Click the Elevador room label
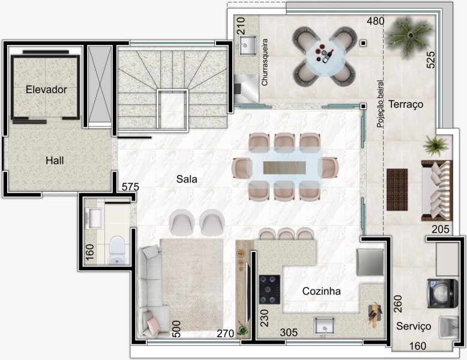click(x=46, y=89)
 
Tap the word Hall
click(x=55, y=160)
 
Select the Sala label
click(x=187, y=179)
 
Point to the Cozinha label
click(x=321, y=291)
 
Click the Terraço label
click(x=406, y=104)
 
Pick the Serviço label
click(x=414, y=326)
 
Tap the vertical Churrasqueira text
click(x=265, y=62)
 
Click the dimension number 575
click(x=130, y=187)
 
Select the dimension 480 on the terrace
click(x=376, y=21)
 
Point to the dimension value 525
click(x=430, y=60)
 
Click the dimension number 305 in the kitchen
click(x=289, y=332)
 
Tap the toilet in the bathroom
click(x=116, y=250)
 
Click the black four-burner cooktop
click(x=270, y=289)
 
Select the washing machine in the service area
click(x=442, y=293)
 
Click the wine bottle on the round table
click(x=328, y=56)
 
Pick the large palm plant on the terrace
click(x=408, y=35)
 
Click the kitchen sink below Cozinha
click(x=325, y=326)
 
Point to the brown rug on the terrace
click(x=397, y=190)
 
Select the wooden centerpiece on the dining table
click(x=285, y=167)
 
